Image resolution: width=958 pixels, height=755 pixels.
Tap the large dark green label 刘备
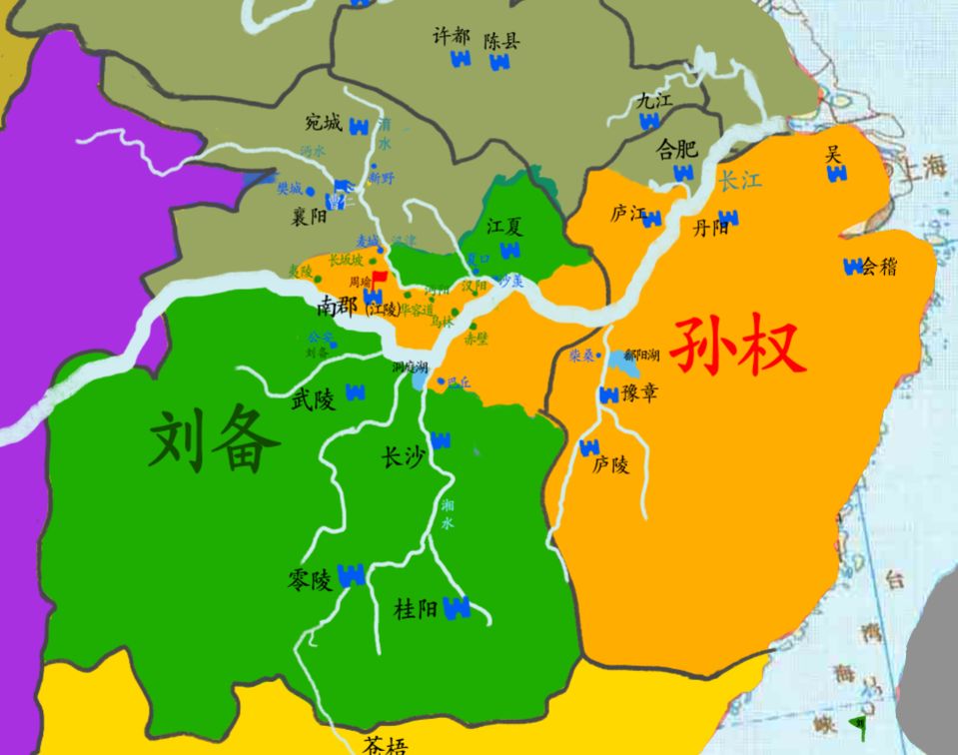point(213,444)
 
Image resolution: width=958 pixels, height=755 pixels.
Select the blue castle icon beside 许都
point(461,59)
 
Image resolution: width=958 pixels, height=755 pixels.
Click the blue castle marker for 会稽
point(853,267)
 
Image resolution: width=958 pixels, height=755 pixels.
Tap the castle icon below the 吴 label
point(837,174)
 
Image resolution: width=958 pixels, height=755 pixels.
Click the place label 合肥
point(676,150)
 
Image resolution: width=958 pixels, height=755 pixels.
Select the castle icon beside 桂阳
point(457,606)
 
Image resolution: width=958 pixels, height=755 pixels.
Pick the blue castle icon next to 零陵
point(351,575)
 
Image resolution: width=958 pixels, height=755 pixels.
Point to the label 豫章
point(640,393)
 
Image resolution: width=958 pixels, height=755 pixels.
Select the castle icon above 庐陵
point(589,446)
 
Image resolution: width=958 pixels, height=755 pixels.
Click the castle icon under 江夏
point(510,250)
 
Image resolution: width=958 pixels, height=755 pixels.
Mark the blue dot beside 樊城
point(311,190)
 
